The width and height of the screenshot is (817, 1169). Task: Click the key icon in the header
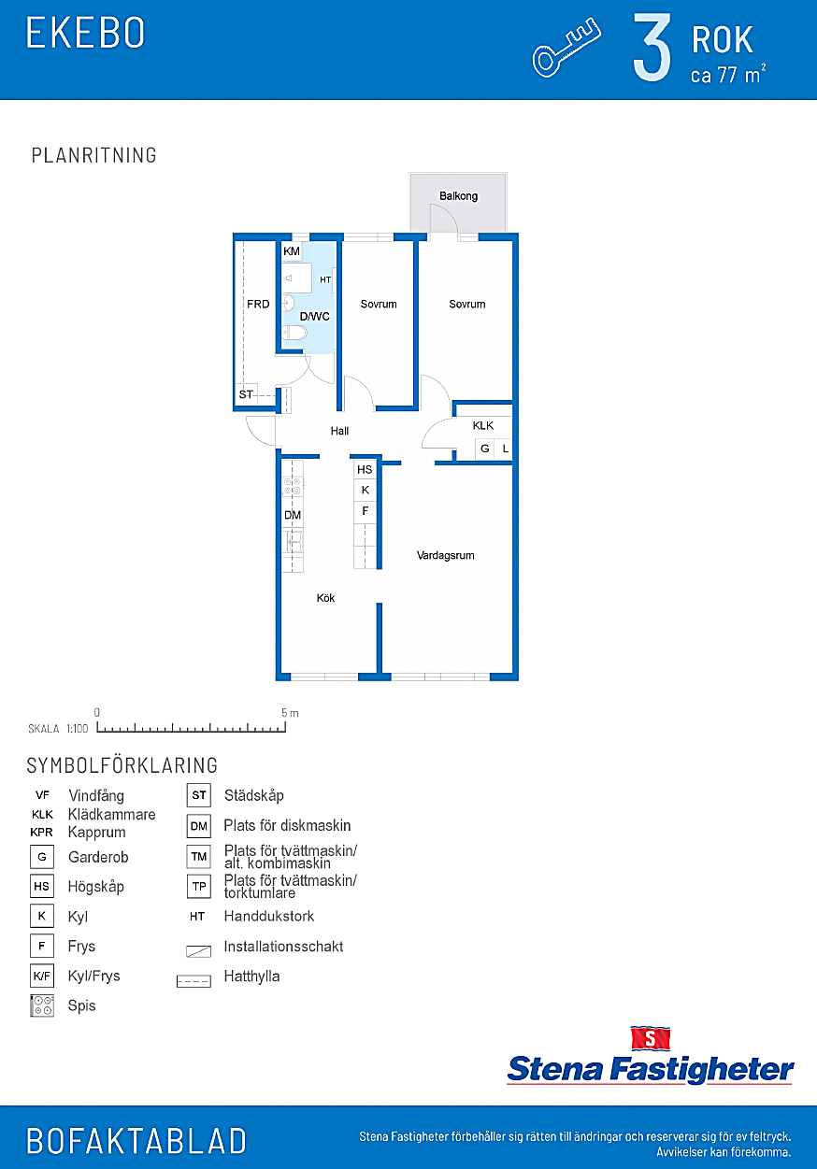pos(566,48)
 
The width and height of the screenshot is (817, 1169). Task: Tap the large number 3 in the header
pos(652,48)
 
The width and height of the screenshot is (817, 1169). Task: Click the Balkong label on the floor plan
pos(458,196)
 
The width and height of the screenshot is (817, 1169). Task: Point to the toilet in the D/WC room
pos(294,333)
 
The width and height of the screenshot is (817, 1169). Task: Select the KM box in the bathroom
pos(292,251)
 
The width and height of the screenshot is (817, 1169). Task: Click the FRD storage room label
pos(258,305)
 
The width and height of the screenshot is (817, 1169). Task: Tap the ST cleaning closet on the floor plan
pos(246,394)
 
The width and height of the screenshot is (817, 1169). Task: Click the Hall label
pos(339,431)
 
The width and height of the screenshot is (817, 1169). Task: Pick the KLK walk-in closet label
pos(483,426)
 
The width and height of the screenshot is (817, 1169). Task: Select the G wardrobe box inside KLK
pos(485,449)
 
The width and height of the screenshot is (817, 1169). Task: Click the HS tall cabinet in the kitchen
pos(365,470)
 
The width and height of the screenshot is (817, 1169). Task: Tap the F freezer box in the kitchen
pos(365,511)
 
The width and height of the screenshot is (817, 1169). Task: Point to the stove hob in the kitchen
pos(293,487)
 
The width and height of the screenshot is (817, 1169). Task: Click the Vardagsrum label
pos(445,555)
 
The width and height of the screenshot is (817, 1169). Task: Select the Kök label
pos(325,598)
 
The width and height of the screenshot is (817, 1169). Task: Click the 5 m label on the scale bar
pos(290,713)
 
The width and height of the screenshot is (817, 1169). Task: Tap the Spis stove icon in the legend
pos(42,1005)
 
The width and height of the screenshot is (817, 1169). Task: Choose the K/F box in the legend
pos(42,976)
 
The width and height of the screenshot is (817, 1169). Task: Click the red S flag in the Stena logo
pos(650,1038)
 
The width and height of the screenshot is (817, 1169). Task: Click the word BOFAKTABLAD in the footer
pos(136,1141)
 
